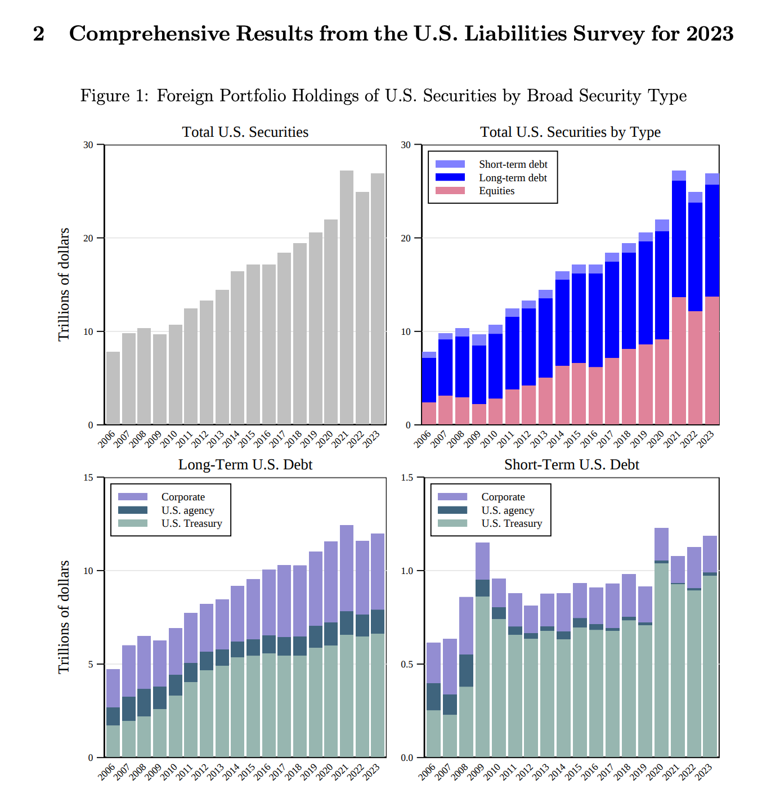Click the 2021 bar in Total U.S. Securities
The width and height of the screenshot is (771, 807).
coord(346,297)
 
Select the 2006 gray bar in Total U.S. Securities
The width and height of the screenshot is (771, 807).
coord(113,388)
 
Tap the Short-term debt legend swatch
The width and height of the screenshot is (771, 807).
coord(450,164)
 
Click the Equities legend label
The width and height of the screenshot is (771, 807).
coord(496,191)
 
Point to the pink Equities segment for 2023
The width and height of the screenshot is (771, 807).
coord(712,360)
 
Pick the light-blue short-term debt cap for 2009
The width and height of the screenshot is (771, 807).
coord(478,340)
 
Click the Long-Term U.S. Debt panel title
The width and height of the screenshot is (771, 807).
coord(245,464)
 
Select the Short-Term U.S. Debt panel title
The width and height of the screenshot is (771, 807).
coord(572,464)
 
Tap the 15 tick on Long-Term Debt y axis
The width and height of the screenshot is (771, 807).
coord(88,477)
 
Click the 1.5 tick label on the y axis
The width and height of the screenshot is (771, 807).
coord(407,477)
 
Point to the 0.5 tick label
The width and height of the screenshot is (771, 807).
coord(407,664)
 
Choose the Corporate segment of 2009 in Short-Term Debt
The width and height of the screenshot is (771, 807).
coord(482,561)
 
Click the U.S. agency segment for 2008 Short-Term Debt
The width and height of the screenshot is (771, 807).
coord(466,671)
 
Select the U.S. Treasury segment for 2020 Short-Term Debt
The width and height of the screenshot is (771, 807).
coord(661,660)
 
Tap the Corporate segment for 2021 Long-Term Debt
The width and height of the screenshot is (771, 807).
coord(346,568)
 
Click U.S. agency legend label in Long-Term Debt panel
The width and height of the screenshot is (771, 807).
coord(188,510)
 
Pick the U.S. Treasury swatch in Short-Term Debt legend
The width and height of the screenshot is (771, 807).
coord(452,523)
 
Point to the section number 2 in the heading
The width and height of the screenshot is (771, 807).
coord(39,34)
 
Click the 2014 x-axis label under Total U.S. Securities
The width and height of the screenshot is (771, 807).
coord(231,439)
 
